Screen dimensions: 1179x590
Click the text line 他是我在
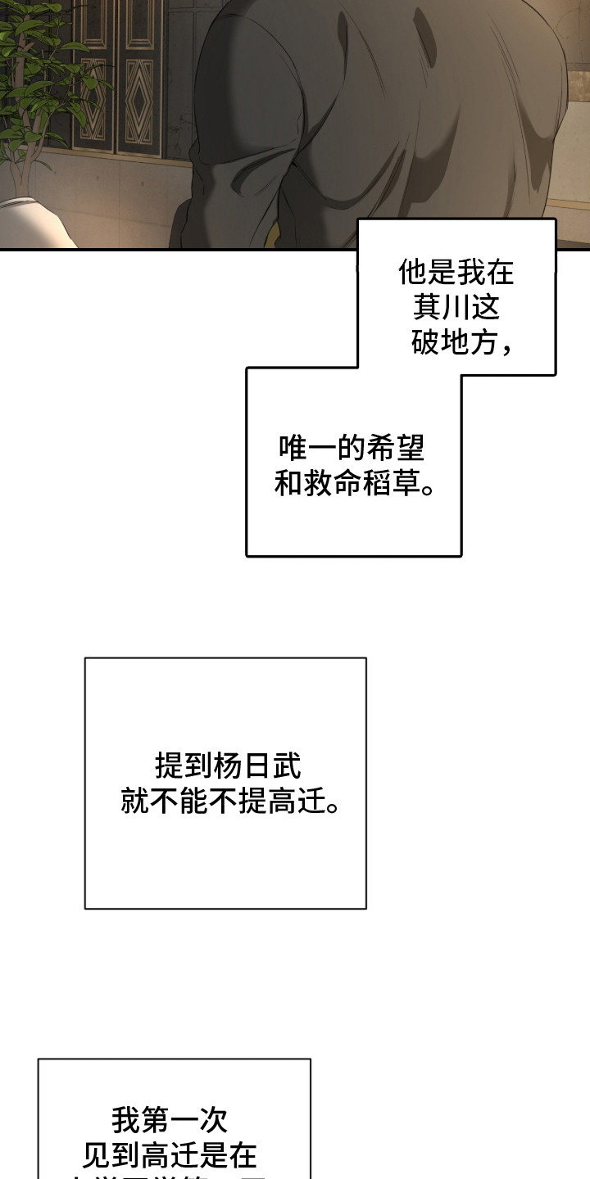point(456,273)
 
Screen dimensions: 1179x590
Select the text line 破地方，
point(463,344)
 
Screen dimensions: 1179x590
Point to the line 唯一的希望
point(352,449)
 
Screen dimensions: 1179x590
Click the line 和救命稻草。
point(354,484)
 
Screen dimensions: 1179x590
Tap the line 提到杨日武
point(228,766)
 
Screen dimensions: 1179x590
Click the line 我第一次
point(170,1119)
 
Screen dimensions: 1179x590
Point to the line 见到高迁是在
point(170,1155)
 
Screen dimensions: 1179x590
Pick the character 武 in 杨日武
point(286,766)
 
